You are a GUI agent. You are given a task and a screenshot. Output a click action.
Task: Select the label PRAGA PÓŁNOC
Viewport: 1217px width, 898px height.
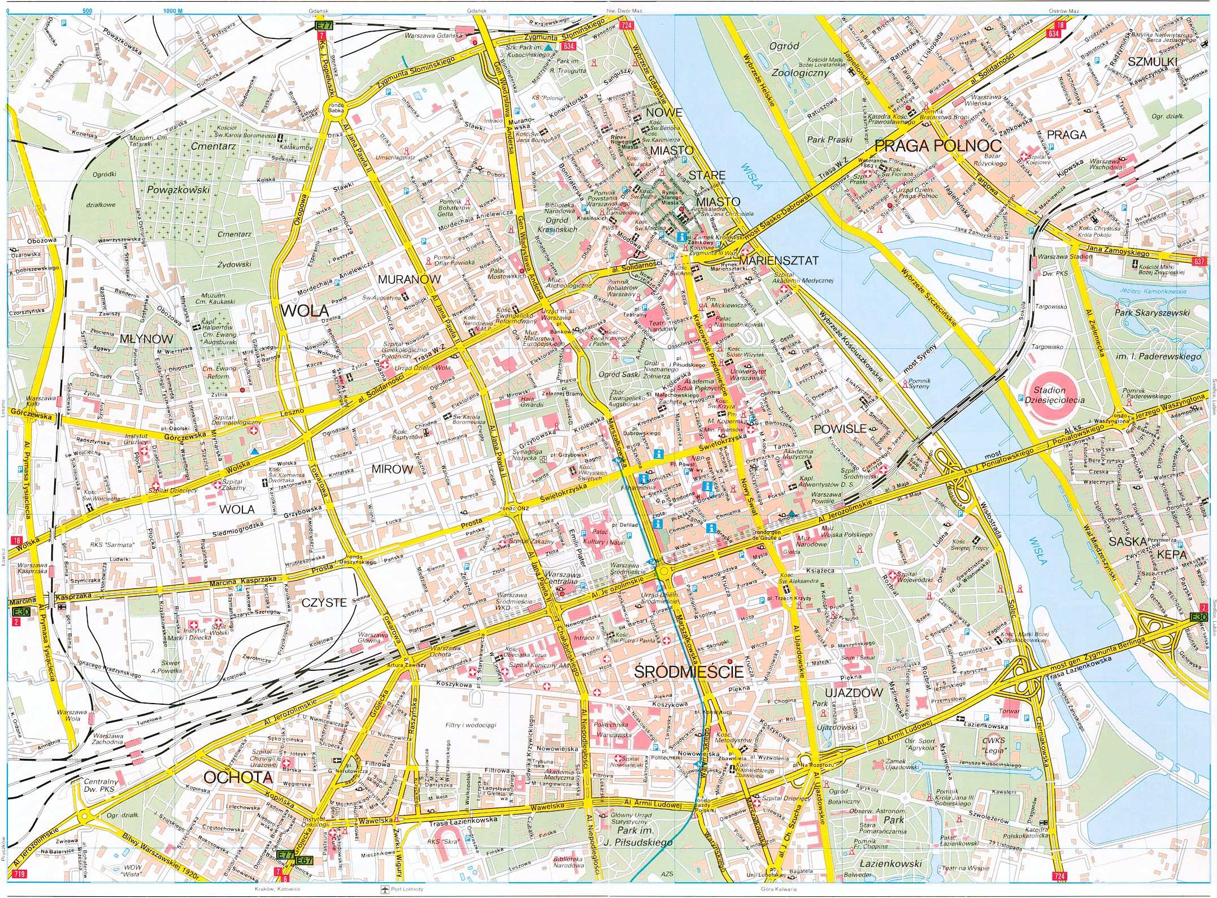coord(938,146)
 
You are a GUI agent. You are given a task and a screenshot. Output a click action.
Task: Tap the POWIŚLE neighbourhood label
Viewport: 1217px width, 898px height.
coord(840,429)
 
